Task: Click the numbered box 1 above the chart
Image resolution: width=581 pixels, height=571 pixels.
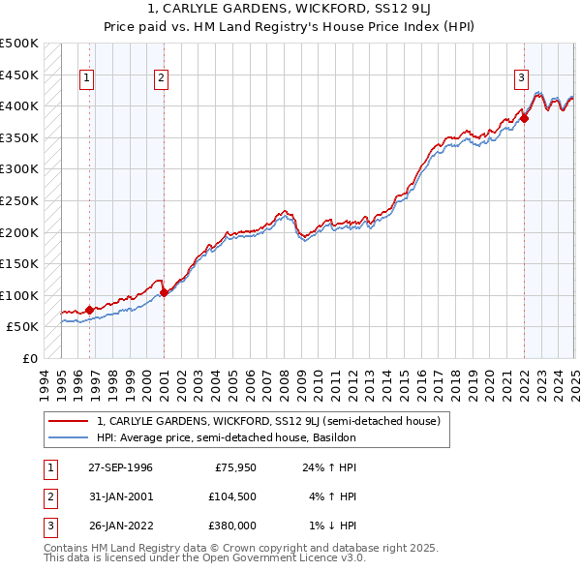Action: [x=87, y=79]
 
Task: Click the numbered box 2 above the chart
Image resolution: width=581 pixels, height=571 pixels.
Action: [x=161, y=79]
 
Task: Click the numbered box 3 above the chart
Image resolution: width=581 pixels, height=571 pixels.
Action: [x=521, y=79]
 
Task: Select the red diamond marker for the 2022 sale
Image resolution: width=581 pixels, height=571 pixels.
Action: [x=525, y=118]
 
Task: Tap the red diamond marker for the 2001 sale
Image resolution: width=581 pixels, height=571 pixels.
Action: [x=164, y=292]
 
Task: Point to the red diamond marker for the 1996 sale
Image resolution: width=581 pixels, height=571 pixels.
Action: [x=90, y=310]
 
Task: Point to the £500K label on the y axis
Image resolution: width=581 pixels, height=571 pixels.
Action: [x=19, y=44]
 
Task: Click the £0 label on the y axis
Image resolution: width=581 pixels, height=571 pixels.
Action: [x=30, y=358]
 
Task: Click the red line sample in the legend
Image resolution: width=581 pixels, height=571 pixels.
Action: [x=68, y=421]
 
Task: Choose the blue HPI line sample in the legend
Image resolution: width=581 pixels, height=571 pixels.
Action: [x=68, y=437]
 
